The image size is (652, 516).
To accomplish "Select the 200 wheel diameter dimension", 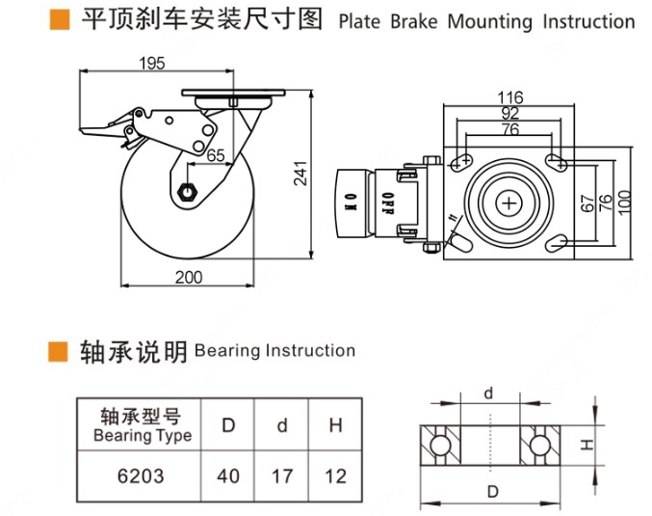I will coord(190,278).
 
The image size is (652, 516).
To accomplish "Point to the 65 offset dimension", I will coord(216,154).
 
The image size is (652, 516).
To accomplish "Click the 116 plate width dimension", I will coord(510,96).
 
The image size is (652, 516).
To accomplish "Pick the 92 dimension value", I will coord(510,113).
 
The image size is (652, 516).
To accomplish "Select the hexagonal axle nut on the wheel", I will coord(188,190).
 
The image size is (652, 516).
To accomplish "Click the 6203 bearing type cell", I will coord(141,475).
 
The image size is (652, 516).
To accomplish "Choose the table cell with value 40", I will coord(228,475).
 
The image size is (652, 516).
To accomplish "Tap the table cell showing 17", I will coord(282,475).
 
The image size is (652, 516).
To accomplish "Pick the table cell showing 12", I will coord(334,475).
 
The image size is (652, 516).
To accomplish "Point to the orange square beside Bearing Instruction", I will coord(59,350).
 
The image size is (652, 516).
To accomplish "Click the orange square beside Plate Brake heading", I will coord(59,20).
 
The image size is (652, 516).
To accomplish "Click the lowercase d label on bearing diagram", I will coord(488,393).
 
